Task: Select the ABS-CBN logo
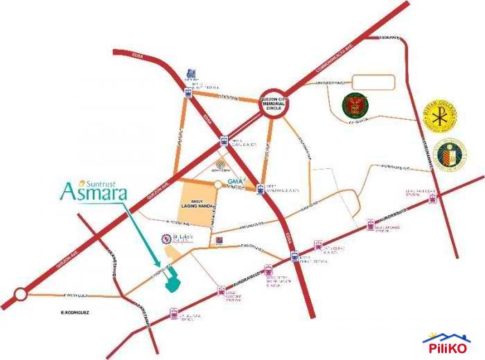tap(220, 167)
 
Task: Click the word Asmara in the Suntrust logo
tap(94, 191)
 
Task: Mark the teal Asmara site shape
tap(170, 280)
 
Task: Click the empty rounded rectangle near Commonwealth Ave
tap(373, 81)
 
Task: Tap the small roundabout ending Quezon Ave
tap(19, 296)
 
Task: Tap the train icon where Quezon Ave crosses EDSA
tap(224, 141)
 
